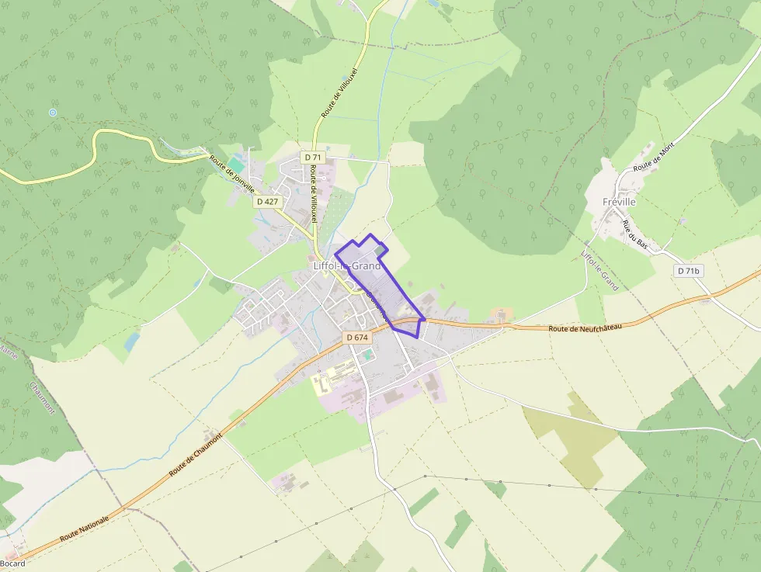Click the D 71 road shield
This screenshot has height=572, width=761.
[313, 157]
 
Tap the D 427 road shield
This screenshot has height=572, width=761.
[267, 201]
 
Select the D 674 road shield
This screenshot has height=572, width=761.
[356, 337]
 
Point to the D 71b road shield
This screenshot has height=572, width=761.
[688, 271]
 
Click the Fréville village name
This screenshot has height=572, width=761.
[619, 202]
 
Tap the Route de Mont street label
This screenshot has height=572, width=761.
[654, 157]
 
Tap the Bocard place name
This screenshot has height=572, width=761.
[12, 563]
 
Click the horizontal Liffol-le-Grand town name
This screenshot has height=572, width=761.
[347, 265]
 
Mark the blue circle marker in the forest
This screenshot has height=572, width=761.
[53, 113]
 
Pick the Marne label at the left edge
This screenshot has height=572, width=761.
[8, 353]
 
